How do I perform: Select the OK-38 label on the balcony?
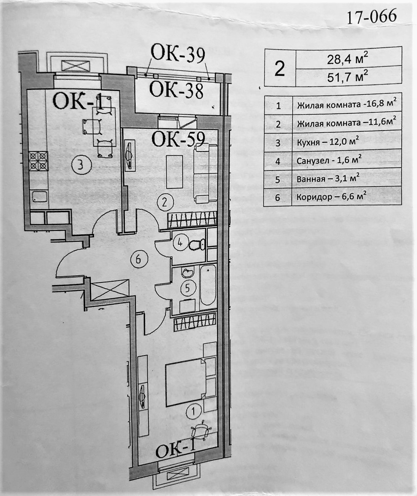tap(177, 90)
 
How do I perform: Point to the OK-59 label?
tap(178, 139)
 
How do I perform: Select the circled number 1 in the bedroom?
tap(194, 411)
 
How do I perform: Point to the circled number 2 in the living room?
tap(165, 202)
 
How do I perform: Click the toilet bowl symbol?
tap(197, 244)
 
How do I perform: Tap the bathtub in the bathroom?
tap(208, 286)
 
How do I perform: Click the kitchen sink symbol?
tap(39, 197)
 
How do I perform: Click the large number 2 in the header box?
tap(280, 69)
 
